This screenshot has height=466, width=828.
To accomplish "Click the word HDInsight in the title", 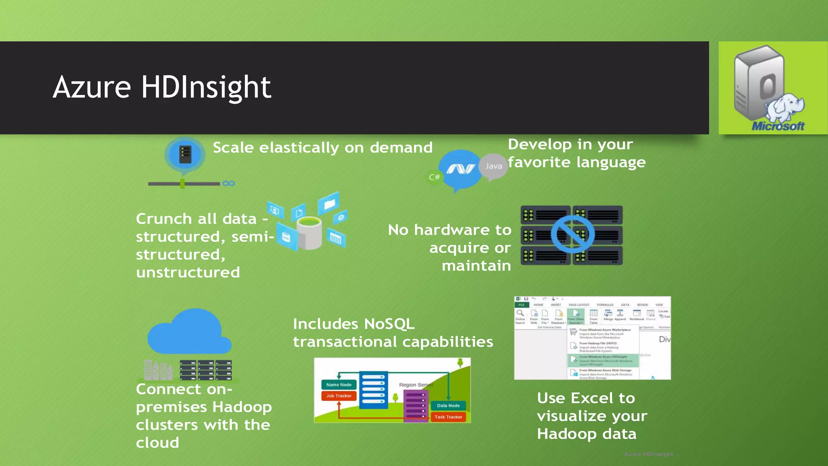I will (206, 87).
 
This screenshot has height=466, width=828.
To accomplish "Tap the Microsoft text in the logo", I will (778, 126).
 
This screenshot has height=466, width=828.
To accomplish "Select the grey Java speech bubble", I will (493, 166).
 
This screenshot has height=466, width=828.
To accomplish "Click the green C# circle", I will (435, 177).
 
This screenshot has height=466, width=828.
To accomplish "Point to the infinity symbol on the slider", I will (228, 184).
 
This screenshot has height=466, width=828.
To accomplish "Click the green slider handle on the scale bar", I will (182, 184).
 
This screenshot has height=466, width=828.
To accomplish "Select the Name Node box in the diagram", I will (339, 385).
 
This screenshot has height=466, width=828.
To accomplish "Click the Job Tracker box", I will (339, 396).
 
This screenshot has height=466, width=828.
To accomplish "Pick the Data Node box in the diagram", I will (448, 405).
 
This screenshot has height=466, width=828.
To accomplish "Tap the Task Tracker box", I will (448, 417).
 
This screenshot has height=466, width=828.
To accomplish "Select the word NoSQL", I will (389, 324).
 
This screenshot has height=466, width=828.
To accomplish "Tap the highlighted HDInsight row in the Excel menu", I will (602, 360).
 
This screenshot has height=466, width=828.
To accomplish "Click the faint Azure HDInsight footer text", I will (648, 454).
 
